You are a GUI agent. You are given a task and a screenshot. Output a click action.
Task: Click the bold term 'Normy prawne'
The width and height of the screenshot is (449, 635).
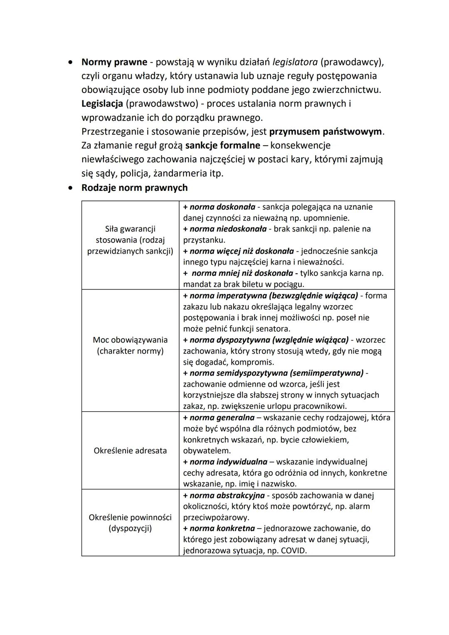[114, 62]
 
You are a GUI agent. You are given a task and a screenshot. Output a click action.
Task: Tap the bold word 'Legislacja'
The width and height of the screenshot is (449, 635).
[102, 104]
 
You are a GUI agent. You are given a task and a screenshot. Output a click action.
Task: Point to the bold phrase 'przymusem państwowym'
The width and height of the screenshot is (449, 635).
[326, 131]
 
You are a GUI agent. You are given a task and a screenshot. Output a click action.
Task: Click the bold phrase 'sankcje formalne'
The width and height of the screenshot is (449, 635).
[222, 146]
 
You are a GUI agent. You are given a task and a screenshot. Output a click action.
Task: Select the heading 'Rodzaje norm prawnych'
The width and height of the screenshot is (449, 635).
[134, 188]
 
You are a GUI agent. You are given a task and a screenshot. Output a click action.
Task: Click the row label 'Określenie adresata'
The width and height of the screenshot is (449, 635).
[130, 450]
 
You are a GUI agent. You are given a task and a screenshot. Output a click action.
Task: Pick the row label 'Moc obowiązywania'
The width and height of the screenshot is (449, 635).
[130, 340]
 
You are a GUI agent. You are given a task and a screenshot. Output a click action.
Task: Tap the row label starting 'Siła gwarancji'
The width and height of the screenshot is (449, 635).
[130, 229]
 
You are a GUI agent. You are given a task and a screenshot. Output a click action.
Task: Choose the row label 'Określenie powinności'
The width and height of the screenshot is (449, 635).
[130, 517]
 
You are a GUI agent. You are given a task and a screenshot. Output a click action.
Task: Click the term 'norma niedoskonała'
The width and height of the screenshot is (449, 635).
[228, 229]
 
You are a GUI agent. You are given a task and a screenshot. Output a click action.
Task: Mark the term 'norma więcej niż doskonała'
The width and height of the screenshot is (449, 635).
[242, 251]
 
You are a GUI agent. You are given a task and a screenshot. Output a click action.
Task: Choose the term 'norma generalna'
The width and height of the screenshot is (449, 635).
[222, 418]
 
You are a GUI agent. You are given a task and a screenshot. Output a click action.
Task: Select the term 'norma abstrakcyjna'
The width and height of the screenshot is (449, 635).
[227, 495]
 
